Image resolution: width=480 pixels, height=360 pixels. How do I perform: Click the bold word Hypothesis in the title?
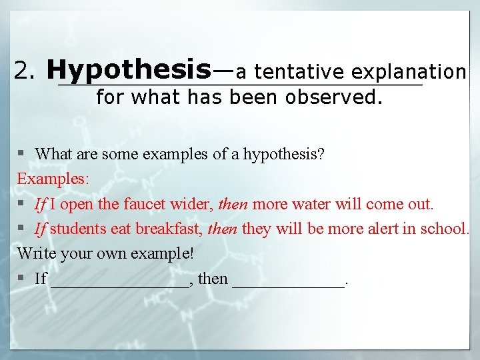(129, 69)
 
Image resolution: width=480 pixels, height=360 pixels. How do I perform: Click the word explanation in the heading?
(409, 71)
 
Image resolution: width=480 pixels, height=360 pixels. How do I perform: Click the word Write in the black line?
(35, 254)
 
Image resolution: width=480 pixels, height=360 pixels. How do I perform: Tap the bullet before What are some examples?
(22, 154)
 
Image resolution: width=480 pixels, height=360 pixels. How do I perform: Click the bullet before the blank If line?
(22, 279)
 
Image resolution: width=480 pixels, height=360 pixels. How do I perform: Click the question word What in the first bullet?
(53, 154)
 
